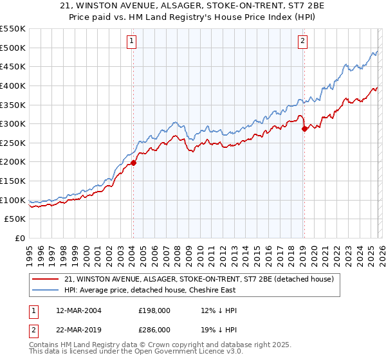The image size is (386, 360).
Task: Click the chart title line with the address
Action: click(192, 6)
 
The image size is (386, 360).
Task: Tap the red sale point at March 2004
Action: click(133, 163)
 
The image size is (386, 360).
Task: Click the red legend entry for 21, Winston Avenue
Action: click(198, 279)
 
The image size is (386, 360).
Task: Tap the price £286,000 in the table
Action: click(154, 329)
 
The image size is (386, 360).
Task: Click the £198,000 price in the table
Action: click(154, 310)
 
